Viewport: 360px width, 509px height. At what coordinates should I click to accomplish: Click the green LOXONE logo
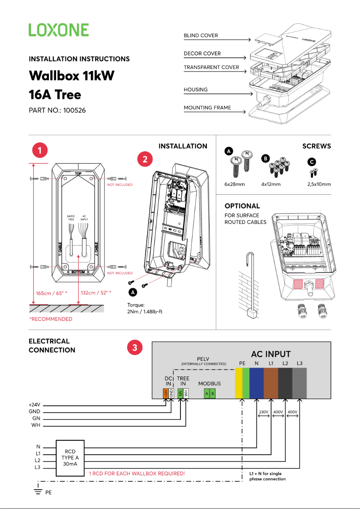[58, 30]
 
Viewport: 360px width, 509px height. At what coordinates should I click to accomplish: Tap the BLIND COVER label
[201, 35]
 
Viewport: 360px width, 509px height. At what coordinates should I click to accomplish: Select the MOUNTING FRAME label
[207, 108]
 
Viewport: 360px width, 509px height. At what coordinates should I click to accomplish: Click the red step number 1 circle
[40, 150]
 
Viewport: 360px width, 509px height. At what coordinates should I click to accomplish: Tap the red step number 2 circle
[145, 159]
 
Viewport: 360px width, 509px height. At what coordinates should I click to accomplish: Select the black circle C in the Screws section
[312, 162]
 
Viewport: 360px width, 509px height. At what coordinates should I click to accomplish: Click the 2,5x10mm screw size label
[319, 184]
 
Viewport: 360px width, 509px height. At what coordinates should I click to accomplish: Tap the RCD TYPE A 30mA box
[70, 457]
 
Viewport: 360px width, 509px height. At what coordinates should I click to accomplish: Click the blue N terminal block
[256, 383]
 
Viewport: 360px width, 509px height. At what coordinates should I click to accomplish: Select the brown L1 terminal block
[271, 383]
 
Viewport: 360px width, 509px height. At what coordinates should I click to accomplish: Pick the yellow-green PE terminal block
[242, 383]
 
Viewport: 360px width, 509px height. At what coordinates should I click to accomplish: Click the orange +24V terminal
[166, 393]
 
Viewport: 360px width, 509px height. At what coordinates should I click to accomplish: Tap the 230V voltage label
[263, 411]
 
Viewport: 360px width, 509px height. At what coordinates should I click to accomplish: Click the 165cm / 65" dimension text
[52, 293]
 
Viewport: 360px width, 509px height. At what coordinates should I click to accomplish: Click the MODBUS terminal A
[206, 393]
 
